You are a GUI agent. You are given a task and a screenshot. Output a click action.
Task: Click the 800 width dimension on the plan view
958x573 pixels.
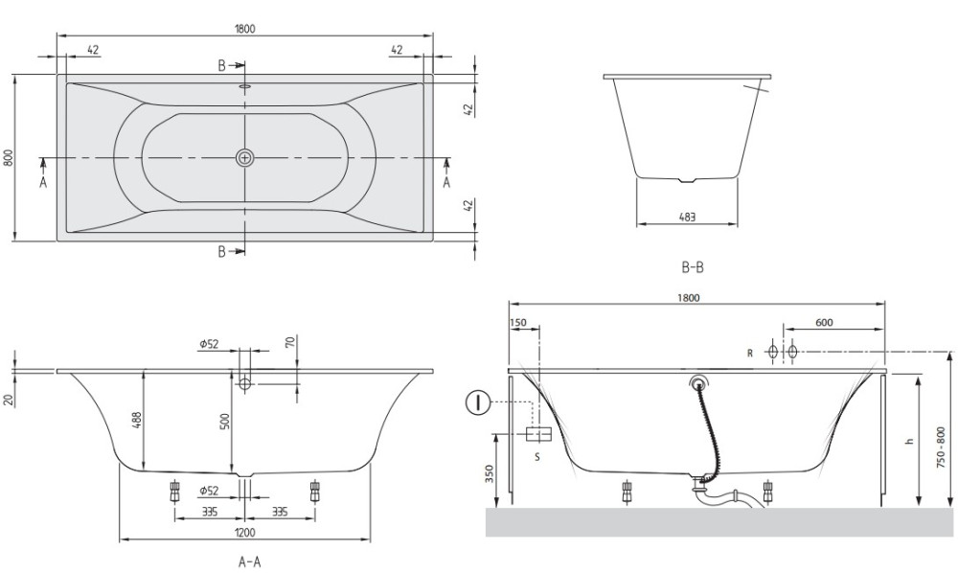click(8, 157)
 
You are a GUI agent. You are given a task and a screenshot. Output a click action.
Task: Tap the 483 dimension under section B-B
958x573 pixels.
click(687, 217)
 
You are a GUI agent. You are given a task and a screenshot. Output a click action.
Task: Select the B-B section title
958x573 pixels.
click(693, 267)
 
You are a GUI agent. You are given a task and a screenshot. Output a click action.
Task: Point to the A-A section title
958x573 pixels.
click(249, 562)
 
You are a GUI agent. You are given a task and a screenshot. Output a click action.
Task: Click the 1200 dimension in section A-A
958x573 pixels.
click(244, 533)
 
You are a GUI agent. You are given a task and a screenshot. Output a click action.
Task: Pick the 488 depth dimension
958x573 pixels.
click(136, 421)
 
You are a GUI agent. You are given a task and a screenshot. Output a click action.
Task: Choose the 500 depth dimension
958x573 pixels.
click(225, 422)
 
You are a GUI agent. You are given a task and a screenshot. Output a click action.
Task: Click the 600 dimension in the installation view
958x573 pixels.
click(824, 323)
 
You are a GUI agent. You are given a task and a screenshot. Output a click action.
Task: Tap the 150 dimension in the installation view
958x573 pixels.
click(518, 323)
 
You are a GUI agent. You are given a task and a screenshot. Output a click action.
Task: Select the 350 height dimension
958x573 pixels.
click(490, 474)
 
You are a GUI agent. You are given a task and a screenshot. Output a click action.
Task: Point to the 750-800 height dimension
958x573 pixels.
click(941, 447)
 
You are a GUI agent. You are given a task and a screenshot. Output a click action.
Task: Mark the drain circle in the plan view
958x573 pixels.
click(244, 157)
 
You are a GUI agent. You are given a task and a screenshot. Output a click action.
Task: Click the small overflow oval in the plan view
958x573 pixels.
click(245, 86)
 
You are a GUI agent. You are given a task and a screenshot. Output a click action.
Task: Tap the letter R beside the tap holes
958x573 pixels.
click(750, 353)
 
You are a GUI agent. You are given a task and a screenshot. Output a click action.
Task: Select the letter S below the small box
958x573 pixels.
click(537, 456)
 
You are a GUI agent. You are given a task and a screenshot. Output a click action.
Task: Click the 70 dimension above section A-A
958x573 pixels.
click(290, 342)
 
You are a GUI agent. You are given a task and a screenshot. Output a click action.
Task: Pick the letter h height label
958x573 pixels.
click(910, 441)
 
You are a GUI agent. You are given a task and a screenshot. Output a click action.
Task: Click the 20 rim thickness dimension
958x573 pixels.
click(8, 401)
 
